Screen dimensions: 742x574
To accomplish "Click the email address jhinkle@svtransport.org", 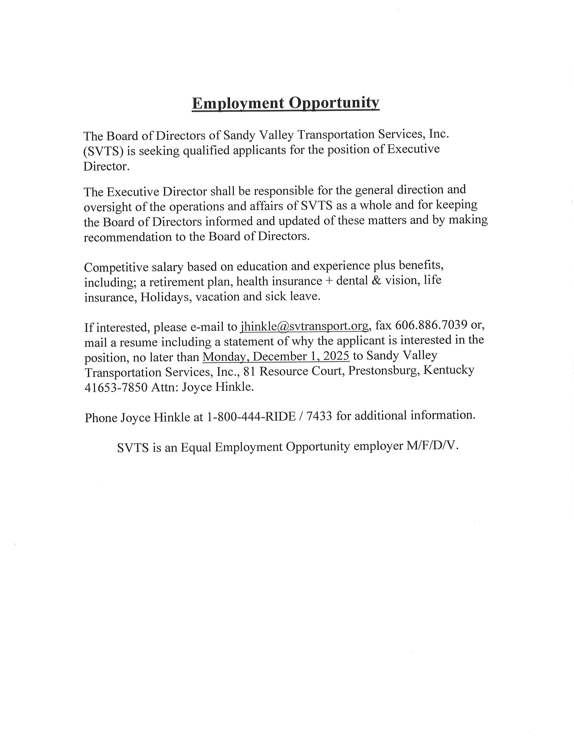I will (x=304, y=326).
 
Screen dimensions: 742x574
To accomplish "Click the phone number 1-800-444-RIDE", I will (x=251, y=416).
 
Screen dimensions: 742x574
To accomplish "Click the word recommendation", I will (x=127, y=237).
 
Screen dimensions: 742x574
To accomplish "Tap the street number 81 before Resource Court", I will (x=249, y=371).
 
